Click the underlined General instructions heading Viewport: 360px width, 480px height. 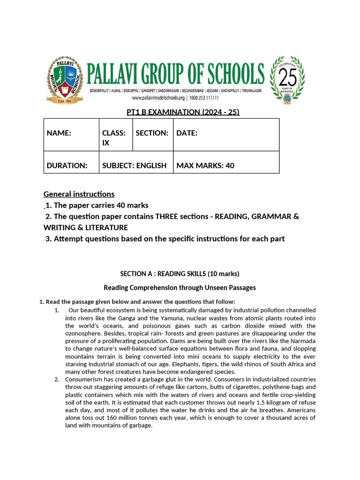(x=79, y=194)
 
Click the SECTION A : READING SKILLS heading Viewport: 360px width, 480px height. (x=180, y=274)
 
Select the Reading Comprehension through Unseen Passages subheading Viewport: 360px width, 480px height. (x=180, y=287)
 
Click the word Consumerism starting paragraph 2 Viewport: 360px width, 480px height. (x=84, y=379)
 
